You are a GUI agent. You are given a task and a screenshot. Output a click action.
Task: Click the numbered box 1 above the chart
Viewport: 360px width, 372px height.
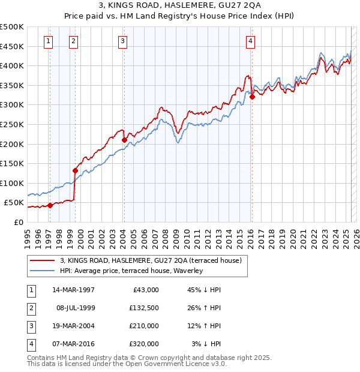(47, 41)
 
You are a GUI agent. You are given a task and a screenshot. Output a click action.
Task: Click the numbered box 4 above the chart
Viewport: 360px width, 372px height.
(250, 41)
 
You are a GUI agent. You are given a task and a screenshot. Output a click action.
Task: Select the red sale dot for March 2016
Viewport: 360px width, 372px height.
(252, 97)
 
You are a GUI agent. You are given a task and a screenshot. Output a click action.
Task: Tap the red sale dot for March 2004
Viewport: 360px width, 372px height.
(124, 140)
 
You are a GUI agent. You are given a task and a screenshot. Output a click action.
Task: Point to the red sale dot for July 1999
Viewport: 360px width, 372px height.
(76, 170)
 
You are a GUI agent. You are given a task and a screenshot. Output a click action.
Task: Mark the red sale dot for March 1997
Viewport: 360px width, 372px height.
(50, 205)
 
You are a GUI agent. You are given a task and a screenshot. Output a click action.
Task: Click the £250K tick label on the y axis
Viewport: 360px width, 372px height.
(12, 124)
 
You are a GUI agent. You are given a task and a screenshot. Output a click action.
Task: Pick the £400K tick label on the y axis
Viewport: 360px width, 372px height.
(12, 65)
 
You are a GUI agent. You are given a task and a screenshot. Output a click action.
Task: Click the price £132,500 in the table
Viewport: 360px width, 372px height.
(143, 308)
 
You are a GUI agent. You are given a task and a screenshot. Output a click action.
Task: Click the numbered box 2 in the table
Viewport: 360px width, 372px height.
(30, 308)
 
